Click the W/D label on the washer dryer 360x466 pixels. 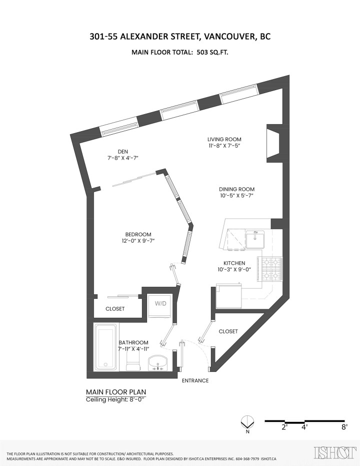pyautogui.click(x=159, y=303)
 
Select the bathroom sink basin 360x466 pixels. pyautogui.click(x=159, y=361)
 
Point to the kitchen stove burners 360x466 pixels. pyautogui.click(x=270, y=269)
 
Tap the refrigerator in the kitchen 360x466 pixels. pyautogui.click(x=228, y=296)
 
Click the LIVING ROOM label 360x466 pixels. pyautogui.click(x=224, y=139)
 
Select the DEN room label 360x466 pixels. pyautogui.click(x=123, y=151)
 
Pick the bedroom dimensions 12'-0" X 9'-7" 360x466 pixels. pyautogui.click(x=138, y=241)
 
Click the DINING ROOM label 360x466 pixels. pyautogui.click(x=236, y=189)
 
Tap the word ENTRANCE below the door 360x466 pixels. pyautogui.click(x=195, y=381)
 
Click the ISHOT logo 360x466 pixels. pyautogui.click(x=334, y=452)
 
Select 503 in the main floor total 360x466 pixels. pyautogui.click(x=203, y=52)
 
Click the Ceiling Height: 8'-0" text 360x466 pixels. pyautogui.click(x=115, y=399)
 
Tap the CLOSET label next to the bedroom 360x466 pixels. pyautogui.click(x=115, y=309)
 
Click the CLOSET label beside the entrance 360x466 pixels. pyautogui.click(x=228, y=331)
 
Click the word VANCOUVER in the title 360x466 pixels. pyautogui.click(x=226, y=37)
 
